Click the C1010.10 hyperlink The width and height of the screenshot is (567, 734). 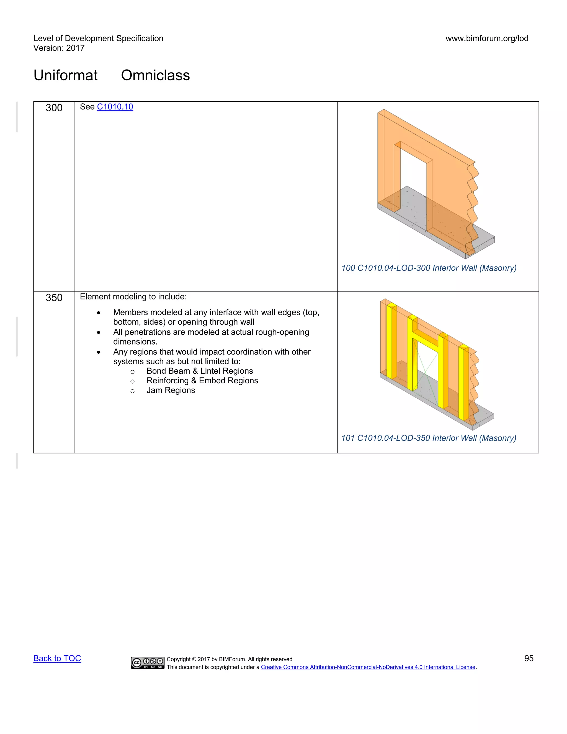coord(115,107)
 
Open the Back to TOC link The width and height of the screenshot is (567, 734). coord(57,658)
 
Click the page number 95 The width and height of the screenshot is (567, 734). coord(529,658)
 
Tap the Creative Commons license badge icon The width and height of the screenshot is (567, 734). coord(148,663)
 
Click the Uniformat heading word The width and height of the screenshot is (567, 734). coord(66,75)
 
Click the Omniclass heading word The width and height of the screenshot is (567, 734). coord(155,75)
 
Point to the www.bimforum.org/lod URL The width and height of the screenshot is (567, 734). coord(487,38)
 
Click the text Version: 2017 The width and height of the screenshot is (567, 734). coord(59,48)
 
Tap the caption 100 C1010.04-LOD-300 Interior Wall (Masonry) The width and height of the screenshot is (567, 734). coord(429,268)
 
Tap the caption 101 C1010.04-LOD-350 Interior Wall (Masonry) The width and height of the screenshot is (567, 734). coord(429,438)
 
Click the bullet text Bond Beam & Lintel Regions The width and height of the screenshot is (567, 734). coord(200,371)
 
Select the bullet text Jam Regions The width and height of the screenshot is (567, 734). coord(171,390)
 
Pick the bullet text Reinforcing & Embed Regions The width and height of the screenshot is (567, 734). coord(202,381)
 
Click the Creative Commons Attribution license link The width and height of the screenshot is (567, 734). coord(368,667)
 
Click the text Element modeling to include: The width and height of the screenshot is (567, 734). coord(133,297)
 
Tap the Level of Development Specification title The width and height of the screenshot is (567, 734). coord(98,38)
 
